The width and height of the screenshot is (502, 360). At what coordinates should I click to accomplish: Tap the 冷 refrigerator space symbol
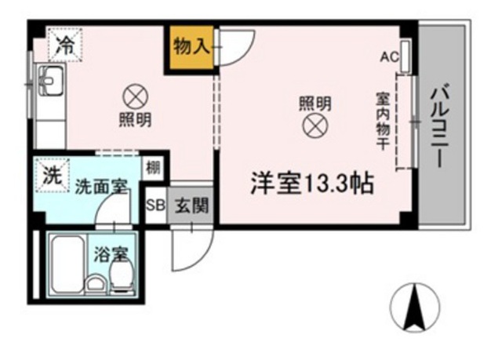(x=65, y=45)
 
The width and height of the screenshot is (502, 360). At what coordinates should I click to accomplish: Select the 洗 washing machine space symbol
(x=53, y=176)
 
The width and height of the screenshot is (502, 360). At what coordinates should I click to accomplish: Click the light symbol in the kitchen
(x=136, y=96)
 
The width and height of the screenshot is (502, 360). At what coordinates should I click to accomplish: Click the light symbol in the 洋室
(x=315, y=125)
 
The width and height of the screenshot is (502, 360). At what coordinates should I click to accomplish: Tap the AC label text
(x=390, y=57)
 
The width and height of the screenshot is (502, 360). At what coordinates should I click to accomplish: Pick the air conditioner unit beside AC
(x=406, y=56)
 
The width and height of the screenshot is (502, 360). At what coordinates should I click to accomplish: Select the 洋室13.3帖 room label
(x=312, y=184)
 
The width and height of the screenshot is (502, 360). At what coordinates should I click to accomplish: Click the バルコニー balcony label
(x=441, y=125)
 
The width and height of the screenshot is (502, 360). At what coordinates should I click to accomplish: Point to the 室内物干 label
(x=383, y=122)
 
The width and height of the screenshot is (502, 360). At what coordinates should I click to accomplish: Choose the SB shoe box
(x=155, y=205)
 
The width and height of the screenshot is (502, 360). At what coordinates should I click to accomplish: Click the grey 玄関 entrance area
(x=190, y=205)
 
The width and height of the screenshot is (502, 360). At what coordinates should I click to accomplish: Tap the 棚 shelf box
(x=153, y=168)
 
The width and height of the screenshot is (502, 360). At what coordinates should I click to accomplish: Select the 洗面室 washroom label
(x=101, y=187)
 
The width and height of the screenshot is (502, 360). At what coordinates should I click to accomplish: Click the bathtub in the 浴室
(x=68, y=264)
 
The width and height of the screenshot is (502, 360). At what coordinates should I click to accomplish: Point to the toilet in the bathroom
(x=121, y=275)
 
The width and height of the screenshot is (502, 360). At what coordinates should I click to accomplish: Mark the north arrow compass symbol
(x=415, y=307)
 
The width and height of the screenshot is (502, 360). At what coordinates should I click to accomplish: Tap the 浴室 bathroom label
(x=111, y=255)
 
